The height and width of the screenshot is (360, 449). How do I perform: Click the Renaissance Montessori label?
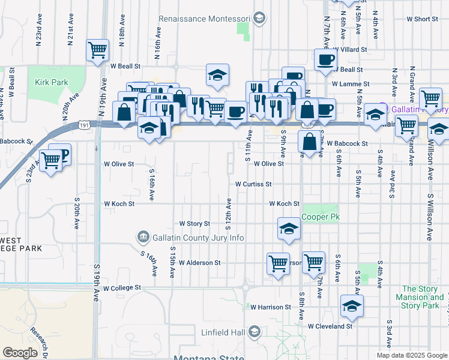pyautogui.click(x=205, y=19)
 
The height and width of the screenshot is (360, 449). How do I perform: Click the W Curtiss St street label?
pyautogui.click(x=254, y=184)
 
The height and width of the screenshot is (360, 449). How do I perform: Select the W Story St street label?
pyautogui.click(x=195, y=223)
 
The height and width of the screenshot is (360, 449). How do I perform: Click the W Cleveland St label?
pyautogui.click(x=330, y=326)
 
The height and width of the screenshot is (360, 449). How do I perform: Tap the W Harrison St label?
pyautogui.click(x=271, y=307)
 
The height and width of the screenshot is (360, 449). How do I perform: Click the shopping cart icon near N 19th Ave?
pyautogui.click(x=97, y=50)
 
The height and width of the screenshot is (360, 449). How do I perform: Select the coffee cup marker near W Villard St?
pyautogui.click(x=325, y=59)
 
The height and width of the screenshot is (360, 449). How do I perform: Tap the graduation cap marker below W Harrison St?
pyautogui.click(x=351, y=305)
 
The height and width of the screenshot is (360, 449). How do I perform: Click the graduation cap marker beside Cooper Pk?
pyautogui.click(x=288, y=228)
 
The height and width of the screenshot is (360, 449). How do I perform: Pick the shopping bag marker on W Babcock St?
pyautogui.click(x=309, y=142)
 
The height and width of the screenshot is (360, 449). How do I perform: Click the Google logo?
pyautogui.click(x=20, y=353)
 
